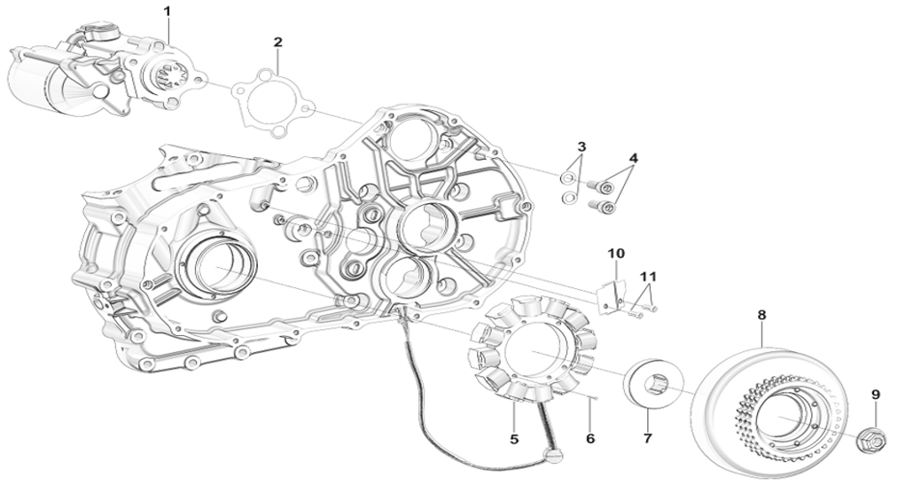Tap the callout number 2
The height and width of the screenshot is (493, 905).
277,42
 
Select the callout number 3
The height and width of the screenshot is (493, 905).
581,145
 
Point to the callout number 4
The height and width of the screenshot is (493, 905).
633,158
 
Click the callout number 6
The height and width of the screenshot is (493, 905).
590,437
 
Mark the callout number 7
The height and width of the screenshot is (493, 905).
647,437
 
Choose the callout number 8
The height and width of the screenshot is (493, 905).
761,314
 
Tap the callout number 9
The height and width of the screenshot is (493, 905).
876,394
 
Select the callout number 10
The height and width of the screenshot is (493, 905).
616,254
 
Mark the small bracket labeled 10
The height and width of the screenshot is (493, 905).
611,296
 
